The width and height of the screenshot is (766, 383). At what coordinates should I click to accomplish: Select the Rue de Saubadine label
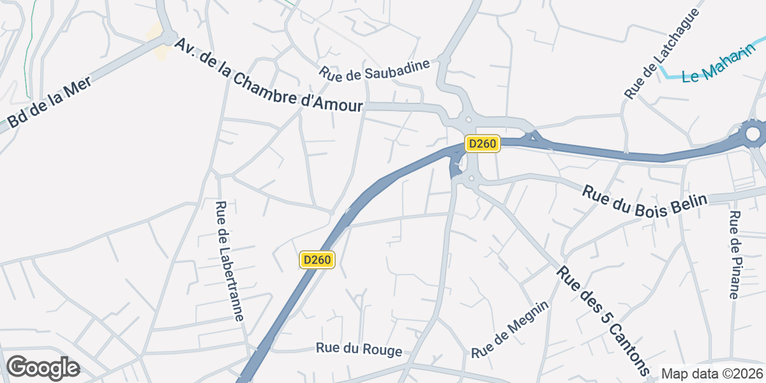pos(376,70)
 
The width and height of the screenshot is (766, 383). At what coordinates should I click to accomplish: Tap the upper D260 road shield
pos(482,144)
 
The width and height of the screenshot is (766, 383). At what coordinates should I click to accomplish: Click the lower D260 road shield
pos(317,260)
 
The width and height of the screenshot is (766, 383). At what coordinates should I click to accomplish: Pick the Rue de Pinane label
pos(734,254)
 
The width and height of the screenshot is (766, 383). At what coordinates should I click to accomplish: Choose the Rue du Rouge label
pos(359,350)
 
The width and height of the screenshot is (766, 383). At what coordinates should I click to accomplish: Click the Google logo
pos(43,368)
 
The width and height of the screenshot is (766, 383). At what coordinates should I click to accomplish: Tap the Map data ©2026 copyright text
pos(712,373)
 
